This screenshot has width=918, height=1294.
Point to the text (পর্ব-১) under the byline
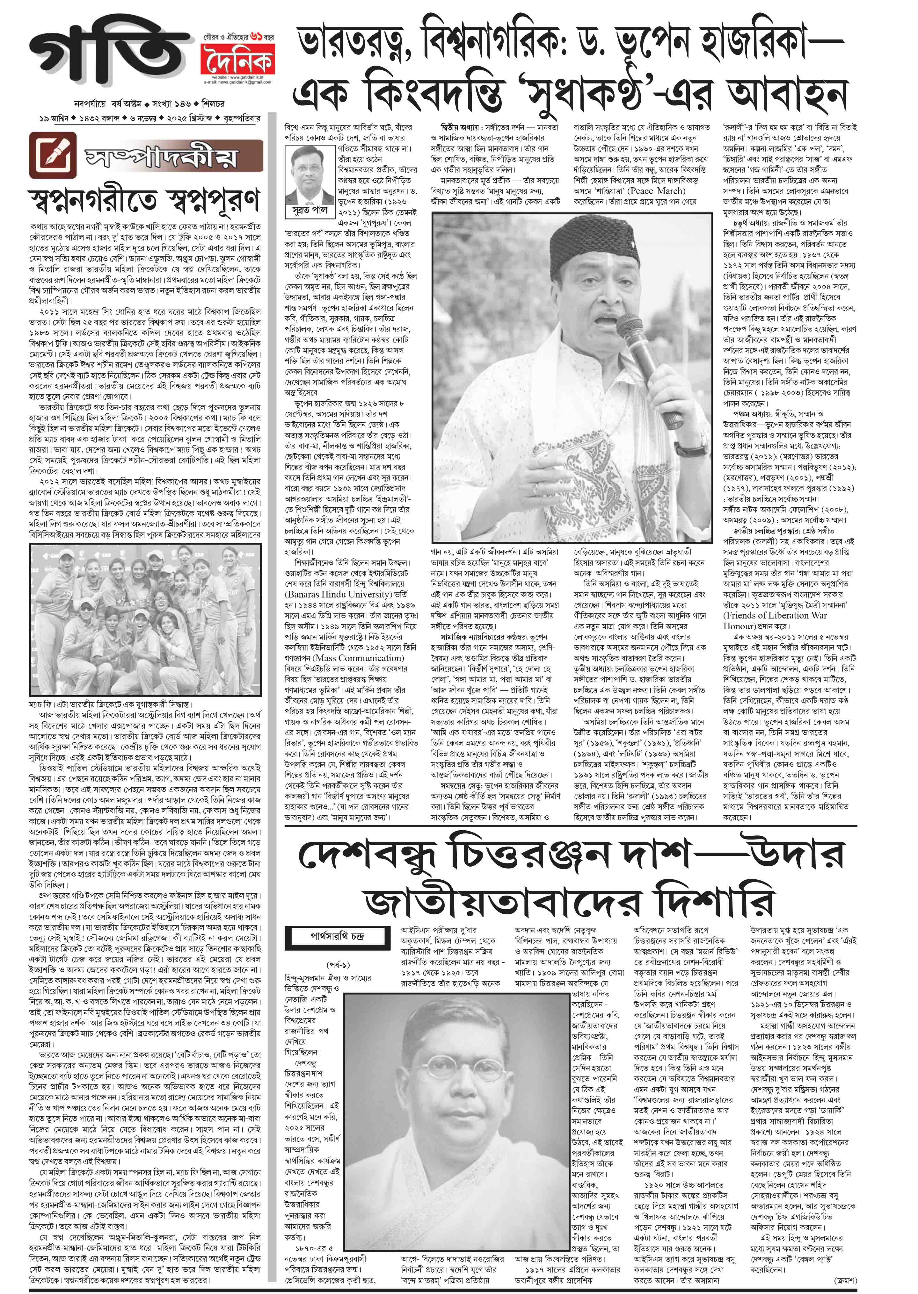(338, 965)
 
